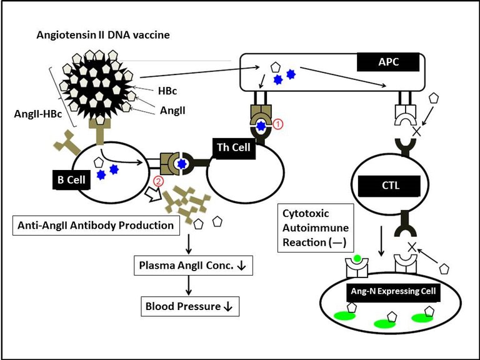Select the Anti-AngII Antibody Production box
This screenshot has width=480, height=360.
[97, 225]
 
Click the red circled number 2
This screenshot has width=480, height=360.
[159, 181]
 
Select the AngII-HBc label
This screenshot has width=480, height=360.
[38, 114]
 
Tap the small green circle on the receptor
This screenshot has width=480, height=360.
[357, 258]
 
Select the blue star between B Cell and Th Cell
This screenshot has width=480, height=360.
[182, 164]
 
